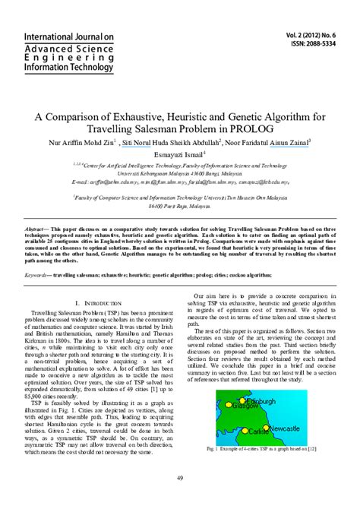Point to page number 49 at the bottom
pyautogui.click(x=180, y=477)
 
